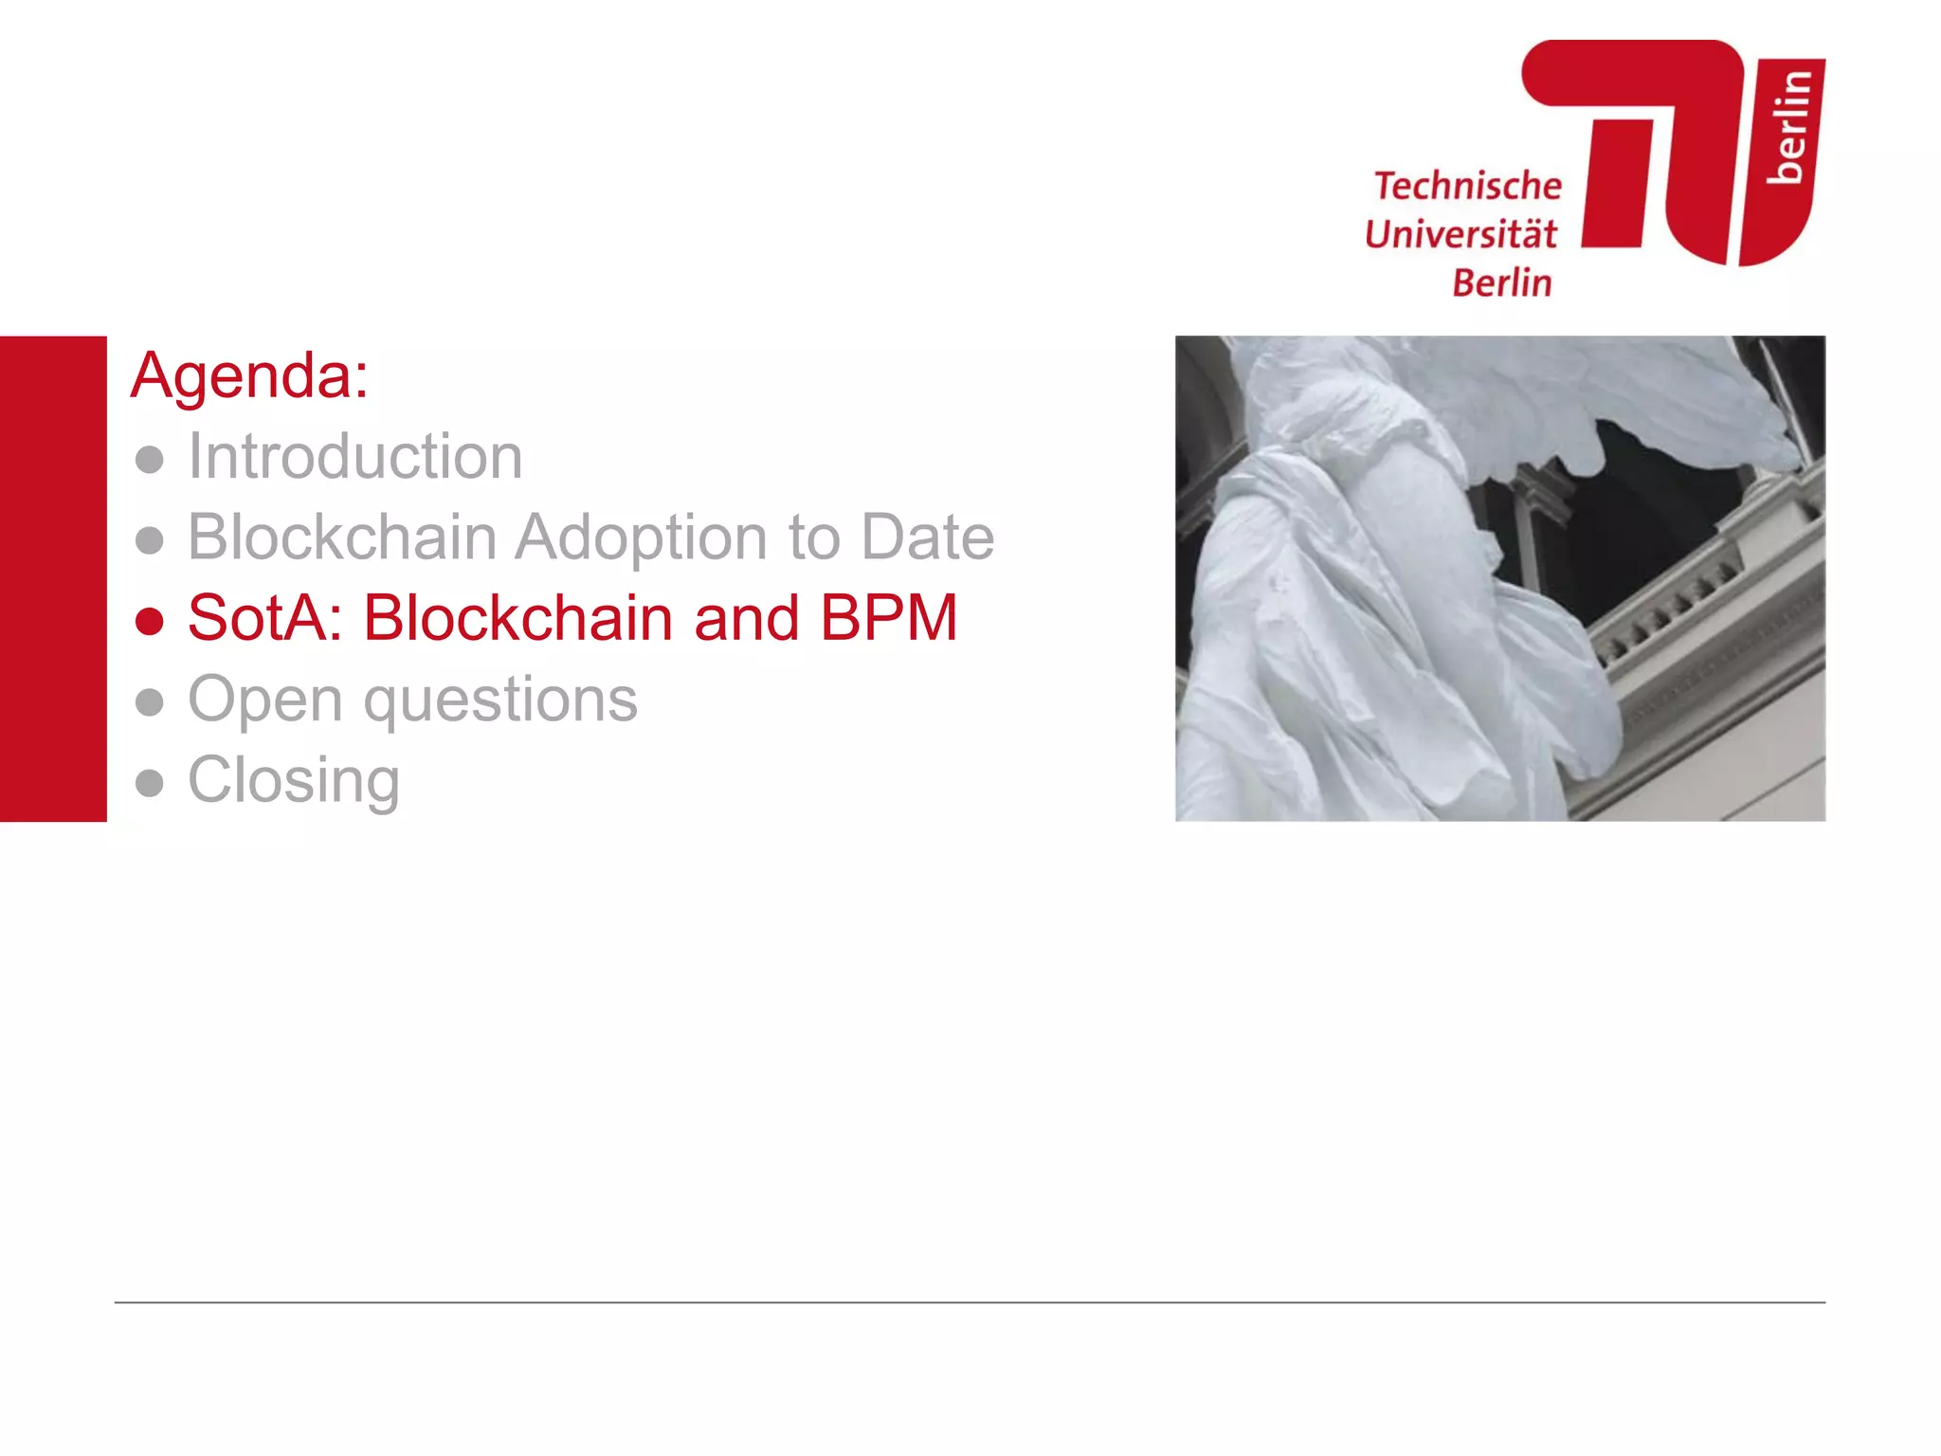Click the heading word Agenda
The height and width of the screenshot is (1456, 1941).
pos(245,376)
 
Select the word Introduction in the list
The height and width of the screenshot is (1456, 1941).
pos(355,457)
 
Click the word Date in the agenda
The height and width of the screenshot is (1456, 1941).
pos(927,537)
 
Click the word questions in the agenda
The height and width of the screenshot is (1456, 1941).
pos(500,701)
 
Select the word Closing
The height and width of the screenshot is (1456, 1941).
pos(294,781)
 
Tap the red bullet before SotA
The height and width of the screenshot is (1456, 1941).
pos(150,622)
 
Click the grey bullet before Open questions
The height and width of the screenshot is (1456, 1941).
pos(150,702)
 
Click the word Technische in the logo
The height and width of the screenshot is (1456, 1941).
pos(1468,186)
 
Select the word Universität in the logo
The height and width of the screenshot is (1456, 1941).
pos(1460,234)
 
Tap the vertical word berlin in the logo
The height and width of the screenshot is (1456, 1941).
pos(1789,126)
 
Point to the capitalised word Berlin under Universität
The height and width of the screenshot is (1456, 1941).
pos(1502,282)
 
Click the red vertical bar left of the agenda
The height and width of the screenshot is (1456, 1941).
pos(53,578)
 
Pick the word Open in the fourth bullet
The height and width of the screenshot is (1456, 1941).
pos(265,701)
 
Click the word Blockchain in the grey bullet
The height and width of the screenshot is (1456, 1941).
pos(342,537)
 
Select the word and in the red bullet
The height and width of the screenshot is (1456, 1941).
pos(746,618)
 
